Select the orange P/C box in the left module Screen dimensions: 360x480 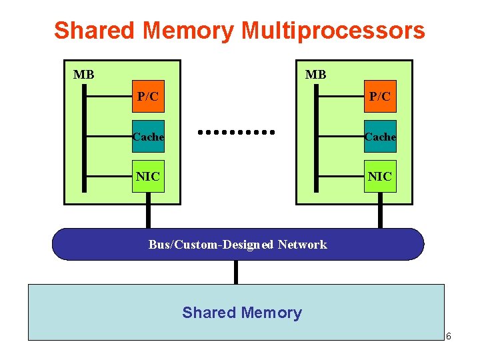coord(148,97)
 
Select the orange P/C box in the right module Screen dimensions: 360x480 coord(380,97)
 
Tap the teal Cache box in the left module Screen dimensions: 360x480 coord(148,137)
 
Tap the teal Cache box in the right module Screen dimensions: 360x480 coord(380,137)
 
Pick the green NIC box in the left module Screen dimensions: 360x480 coord(148,176)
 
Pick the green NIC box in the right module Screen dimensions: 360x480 coord(380,176)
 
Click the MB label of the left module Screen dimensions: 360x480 coord(83,75)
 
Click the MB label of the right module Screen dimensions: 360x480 coord(315,75)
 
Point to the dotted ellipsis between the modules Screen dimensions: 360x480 coord(237,132)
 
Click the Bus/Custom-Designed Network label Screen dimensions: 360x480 coord(238,245)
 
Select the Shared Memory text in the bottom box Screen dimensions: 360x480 coord(242,313)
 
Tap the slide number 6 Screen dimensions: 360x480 coord(449,336)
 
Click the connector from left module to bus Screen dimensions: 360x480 coord(148,216)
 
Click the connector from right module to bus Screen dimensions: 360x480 coord(380,216)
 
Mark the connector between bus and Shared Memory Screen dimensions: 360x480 coord(236,271)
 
